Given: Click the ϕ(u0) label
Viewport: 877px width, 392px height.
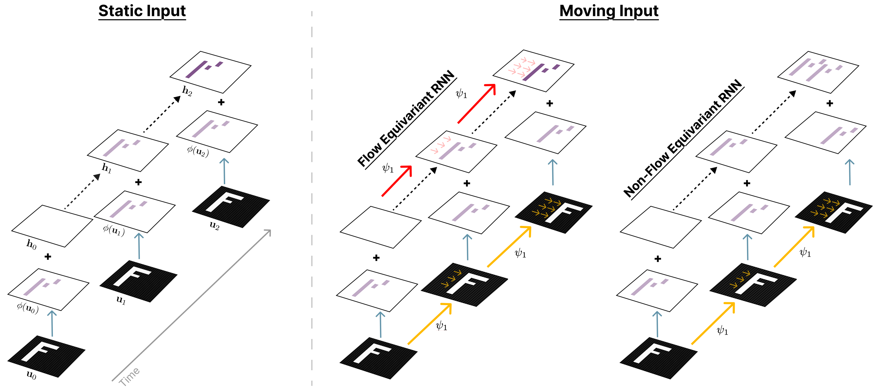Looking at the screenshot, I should click(x=28, y=308).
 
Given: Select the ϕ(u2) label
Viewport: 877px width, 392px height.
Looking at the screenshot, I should click(x=198, y=151).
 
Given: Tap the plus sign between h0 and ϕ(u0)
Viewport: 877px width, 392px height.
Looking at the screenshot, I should click(x=48, y=256).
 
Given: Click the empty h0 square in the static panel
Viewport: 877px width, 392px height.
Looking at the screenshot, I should click(x=52, y=226).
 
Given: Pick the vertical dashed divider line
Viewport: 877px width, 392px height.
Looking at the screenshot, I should click(x=312, y=204).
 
